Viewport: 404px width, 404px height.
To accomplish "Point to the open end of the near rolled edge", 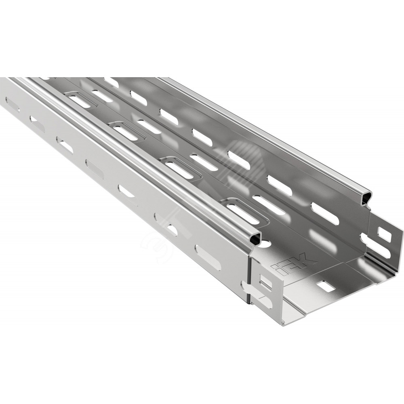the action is coord(255,237).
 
